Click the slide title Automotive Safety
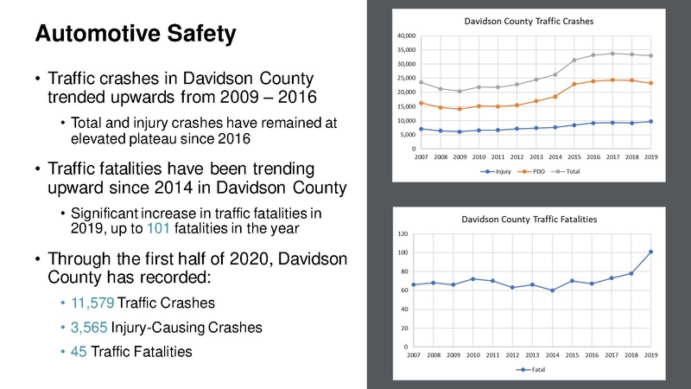[x=134, y=35]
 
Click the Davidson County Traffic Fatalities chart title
[x=529, y=220]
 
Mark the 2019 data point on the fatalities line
[x=651, y=252]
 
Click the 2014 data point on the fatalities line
[x=550, y=290]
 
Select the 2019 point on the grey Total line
[x=651, y=55]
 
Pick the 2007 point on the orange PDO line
[x=421, y=103]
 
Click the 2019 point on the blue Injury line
[x=651, y=121]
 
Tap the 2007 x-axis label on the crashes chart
[x=421, y=156]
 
